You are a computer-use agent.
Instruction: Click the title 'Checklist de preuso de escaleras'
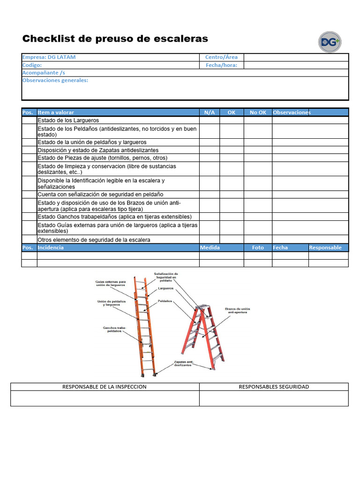(115, 38)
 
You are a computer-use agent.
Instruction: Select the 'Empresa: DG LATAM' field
(49, 57)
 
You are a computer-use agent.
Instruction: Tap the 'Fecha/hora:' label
(221, 65)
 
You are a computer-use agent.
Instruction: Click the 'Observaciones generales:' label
(55, 80)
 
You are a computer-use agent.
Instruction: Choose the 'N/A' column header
(210, 112)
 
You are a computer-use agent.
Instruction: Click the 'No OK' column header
(258, 112)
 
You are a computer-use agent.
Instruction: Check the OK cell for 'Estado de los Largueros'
(232, 120)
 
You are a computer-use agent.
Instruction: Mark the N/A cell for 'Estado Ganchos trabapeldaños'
(210, 217)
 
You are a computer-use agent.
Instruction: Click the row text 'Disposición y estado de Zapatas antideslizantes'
(98, 150)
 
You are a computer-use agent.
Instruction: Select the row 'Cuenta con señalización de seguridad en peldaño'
(100, 194)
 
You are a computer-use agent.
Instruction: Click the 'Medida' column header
(210, 247)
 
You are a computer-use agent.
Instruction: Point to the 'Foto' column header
(258, 247)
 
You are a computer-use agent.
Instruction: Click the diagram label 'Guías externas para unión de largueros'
(111, 283)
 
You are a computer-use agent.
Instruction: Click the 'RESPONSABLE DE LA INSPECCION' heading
(105, 387)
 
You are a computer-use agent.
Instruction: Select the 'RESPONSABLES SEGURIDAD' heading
(274, 387)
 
